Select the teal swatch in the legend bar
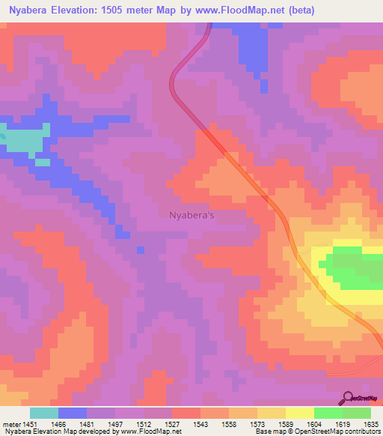tap(44, 414)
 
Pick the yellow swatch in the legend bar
tap(299, 414)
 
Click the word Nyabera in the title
tap(31, 10)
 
